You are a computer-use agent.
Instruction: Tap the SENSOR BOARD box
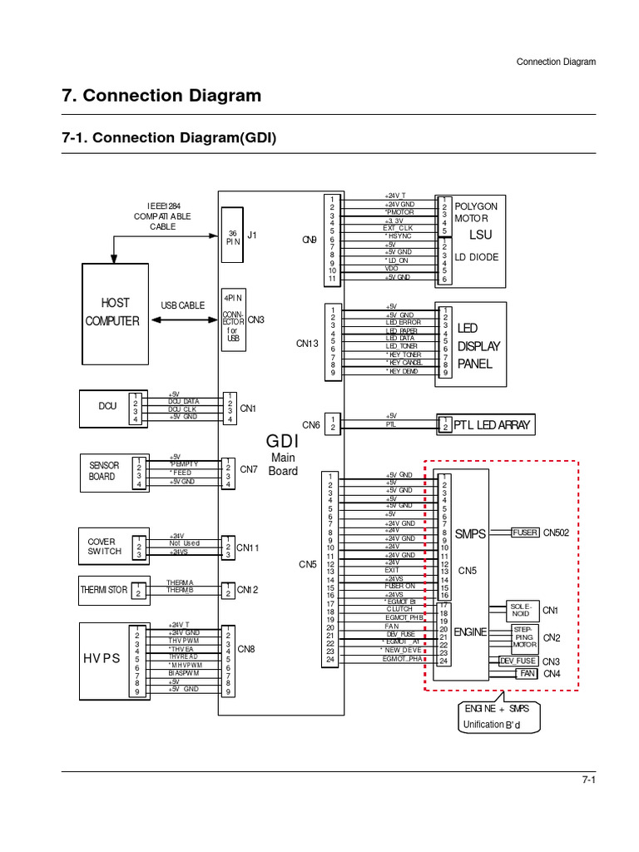[105, 471]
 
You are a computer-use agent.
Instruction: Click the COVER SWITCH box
[105, 546]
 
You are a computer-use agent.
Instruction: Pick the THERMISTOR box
[105, 590]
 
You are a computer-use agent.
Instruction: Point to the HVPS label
[102, 658]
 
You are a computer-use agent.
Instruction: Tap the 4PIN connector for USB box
[233, 319]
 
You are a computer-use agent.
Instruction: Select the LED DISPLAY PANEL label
[474, 346]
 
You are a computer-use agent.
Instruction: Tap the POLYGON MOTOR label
[476, 211]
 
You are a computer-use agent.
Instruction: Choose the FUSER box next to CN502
[524, 532]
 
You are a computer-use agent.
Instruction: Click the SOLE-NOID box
[521, 609]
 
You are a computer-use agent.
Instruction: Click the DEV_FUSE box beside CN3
[518, 661]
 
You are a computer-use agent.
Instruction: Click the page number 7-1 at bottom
[588, 780]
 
